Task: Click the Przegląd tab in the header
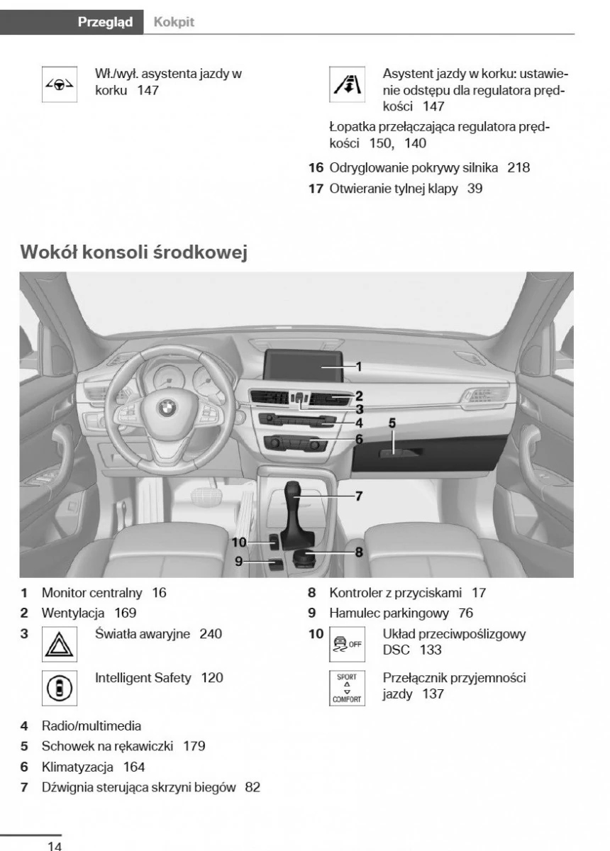pos(105,22)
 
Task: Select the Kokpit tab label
pos(174,22)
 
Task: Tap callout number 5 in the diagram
pos(392,423)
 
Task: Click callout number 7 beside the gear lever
pos(359,496)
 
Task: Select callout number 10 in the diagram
pos(238,543)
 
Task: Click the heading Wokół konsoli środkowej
pos(134,252)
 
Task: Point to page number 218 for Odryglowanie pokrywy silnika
pos(518,168)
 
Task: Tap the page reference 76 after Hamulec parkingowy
pos(465,613)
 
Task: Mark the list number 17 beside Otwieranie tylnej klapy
pos(316,189)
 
